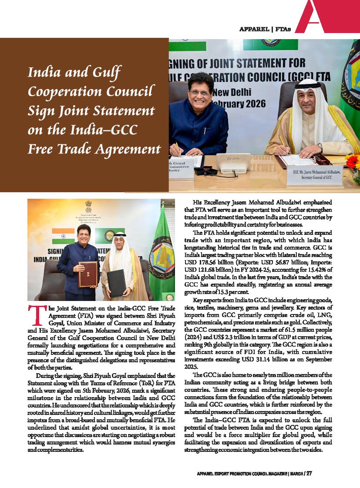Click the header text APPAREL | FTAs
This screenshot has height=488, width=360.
265,29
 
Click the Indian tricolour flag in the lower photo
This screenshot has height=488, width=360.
63,236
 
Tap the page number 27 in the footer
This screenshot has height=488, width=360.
309,474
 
